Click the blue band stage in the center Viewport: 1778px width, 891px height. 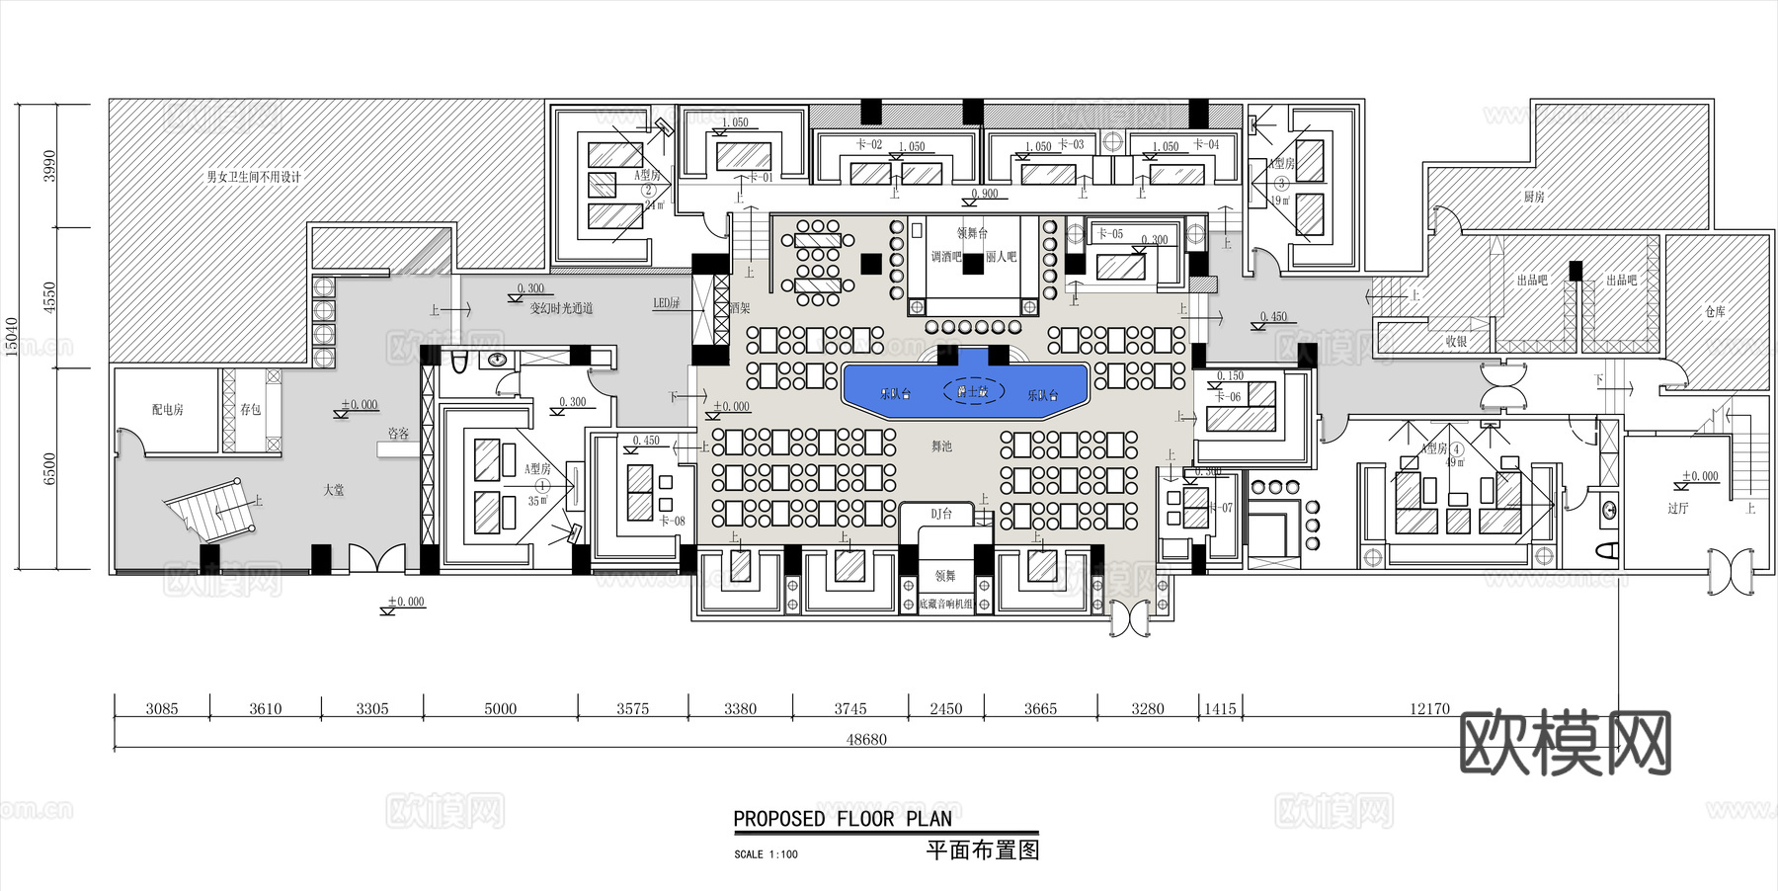(965, 390)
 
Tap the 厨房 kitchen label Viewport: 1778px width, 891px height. (1533, 198)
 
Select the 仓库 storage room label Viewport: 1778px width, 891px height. (1715, 312)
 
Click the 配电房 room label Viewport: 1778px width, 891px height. (167, 410)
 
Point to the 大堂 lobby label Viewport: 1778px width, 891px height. (334, 490)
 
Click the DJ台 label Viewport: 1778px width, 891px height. (941, 515)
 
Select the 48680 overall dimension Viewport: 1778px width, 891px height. (866, 740)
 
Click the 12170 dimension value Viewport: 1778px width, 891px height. (1429, 709)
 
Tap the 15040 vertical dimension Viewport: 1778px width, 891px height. (13, 336)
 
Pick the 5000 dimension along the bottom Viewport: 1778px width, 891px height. (500, 709)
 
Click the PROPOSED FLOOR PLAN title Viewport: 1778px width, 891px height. (843, 819)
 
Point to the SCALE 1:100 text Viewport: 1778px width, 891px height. (766, 854)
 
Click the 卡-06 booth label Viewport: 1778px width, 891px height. (1228, 397)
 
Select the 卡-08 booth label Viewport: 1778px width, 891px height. (672, 522)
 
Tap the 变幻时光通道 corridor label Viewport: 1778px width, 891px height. (561, 309)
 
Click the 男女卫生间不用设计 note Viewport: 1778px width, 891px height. (253, 178)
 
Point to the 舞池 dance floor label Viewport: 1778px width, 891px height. (941, 446)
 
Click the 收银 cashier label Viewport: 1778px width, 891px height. (1456, 342)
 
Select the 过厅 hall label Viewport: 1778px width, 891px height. (1677, 509)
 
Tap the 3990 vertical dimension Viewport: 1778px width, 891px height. (50, 165)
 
